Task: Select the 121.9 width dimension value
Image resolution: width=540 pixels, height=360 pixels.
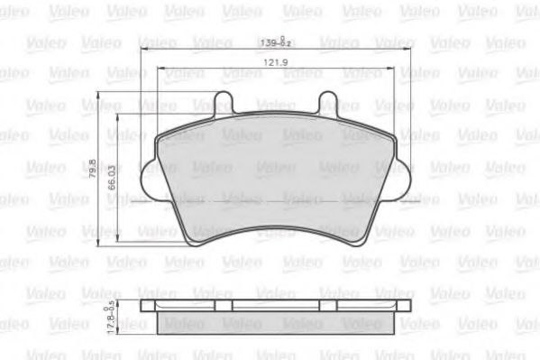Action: pyautogui.click(x=276, y=62)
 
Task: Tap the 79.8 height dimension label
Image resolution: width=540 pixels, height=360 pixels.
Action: pyautogui.click(x=92, y=168)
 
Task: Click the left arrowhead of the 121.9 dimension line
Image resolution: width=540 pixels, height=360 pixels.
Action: pyautogui.click(x=160, y=69)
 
